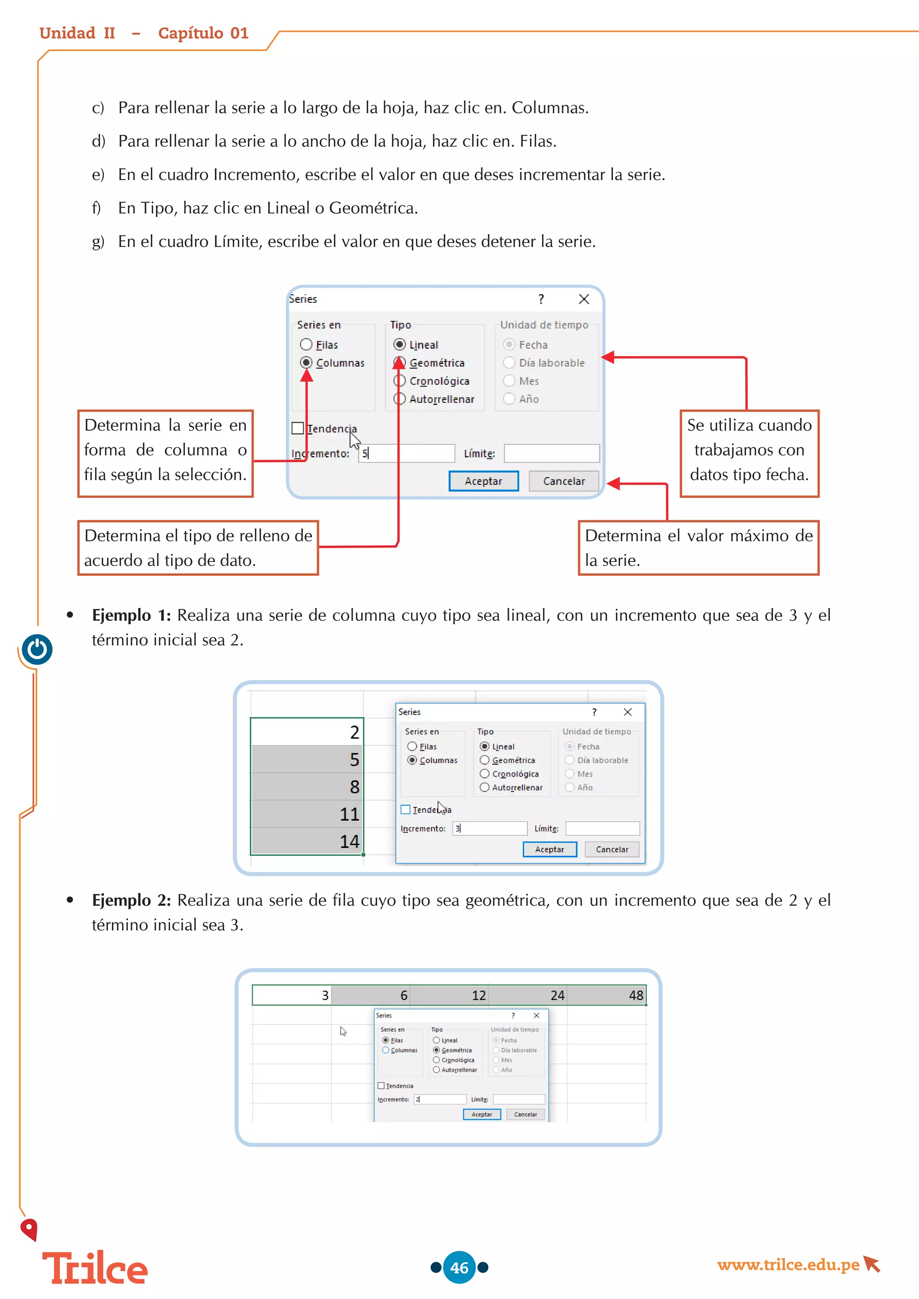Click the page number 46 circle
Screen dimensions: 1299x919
click(459, 1267)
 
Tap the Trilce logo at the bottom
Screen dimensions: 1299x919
click(95, 1268)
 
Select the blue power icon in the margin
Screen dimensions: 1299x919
click(37, 649)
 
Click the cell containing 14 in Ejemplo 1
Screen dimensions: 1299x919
click(307, 841)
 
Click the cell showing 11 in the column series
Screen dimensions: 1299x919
click(307, 814)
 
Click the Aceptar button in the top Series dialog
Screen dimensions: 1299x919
click(483, 481)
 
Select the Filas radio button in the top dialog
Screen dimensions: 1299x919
click(306, 344)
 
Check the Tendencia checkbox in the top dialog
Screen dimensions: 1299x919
click(298, 428)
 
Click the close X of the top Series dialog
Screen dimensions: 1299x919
click(584, 299)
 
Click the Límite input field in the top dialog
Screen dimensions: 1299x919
click(551, 453)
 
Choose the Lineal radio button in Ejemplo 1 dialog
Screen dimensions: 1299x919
click(484, 746)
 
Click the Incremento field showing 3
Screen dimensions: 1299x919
click(490, 828)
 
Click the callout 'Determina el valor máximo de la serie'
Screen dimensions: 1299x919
click(698, 548)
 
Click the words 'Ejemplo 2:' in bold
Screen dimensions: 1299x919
click(131, 900)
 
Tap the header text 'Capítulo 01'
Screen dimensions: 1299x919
click(203, 33)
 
